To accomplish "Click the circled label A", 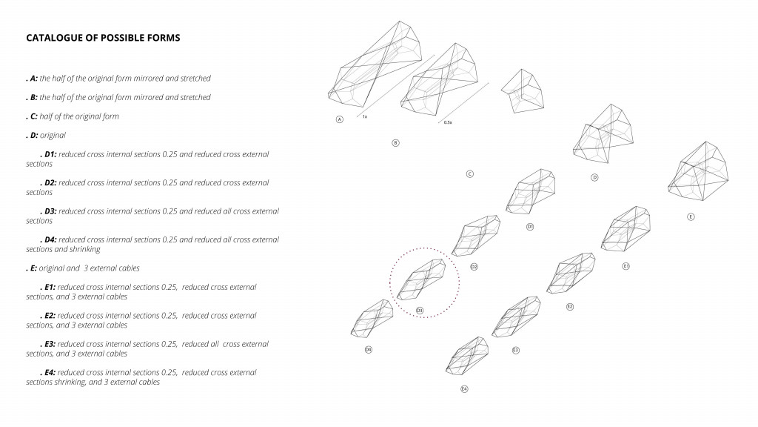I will (340, 119).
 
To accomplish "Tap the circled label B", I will (395, 142).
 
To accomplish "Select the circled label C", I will (469, 174).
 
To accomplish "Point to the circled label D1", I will (530, 226).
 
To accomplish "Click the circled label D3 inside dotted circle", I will (419, 310).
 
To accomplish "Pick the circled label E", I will (690, 217).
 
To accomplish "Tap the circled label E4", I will (464, 388).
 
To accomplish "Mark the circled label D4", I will (368, 349).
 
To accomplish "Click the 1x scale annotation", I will (365, 116).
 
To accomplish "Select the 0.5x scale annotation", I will (448, 122).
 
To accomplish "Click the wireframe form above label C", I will (524, 92).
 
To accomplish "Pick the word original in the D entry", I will (53, 136).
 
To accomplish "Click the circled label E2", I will (569, 306).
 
